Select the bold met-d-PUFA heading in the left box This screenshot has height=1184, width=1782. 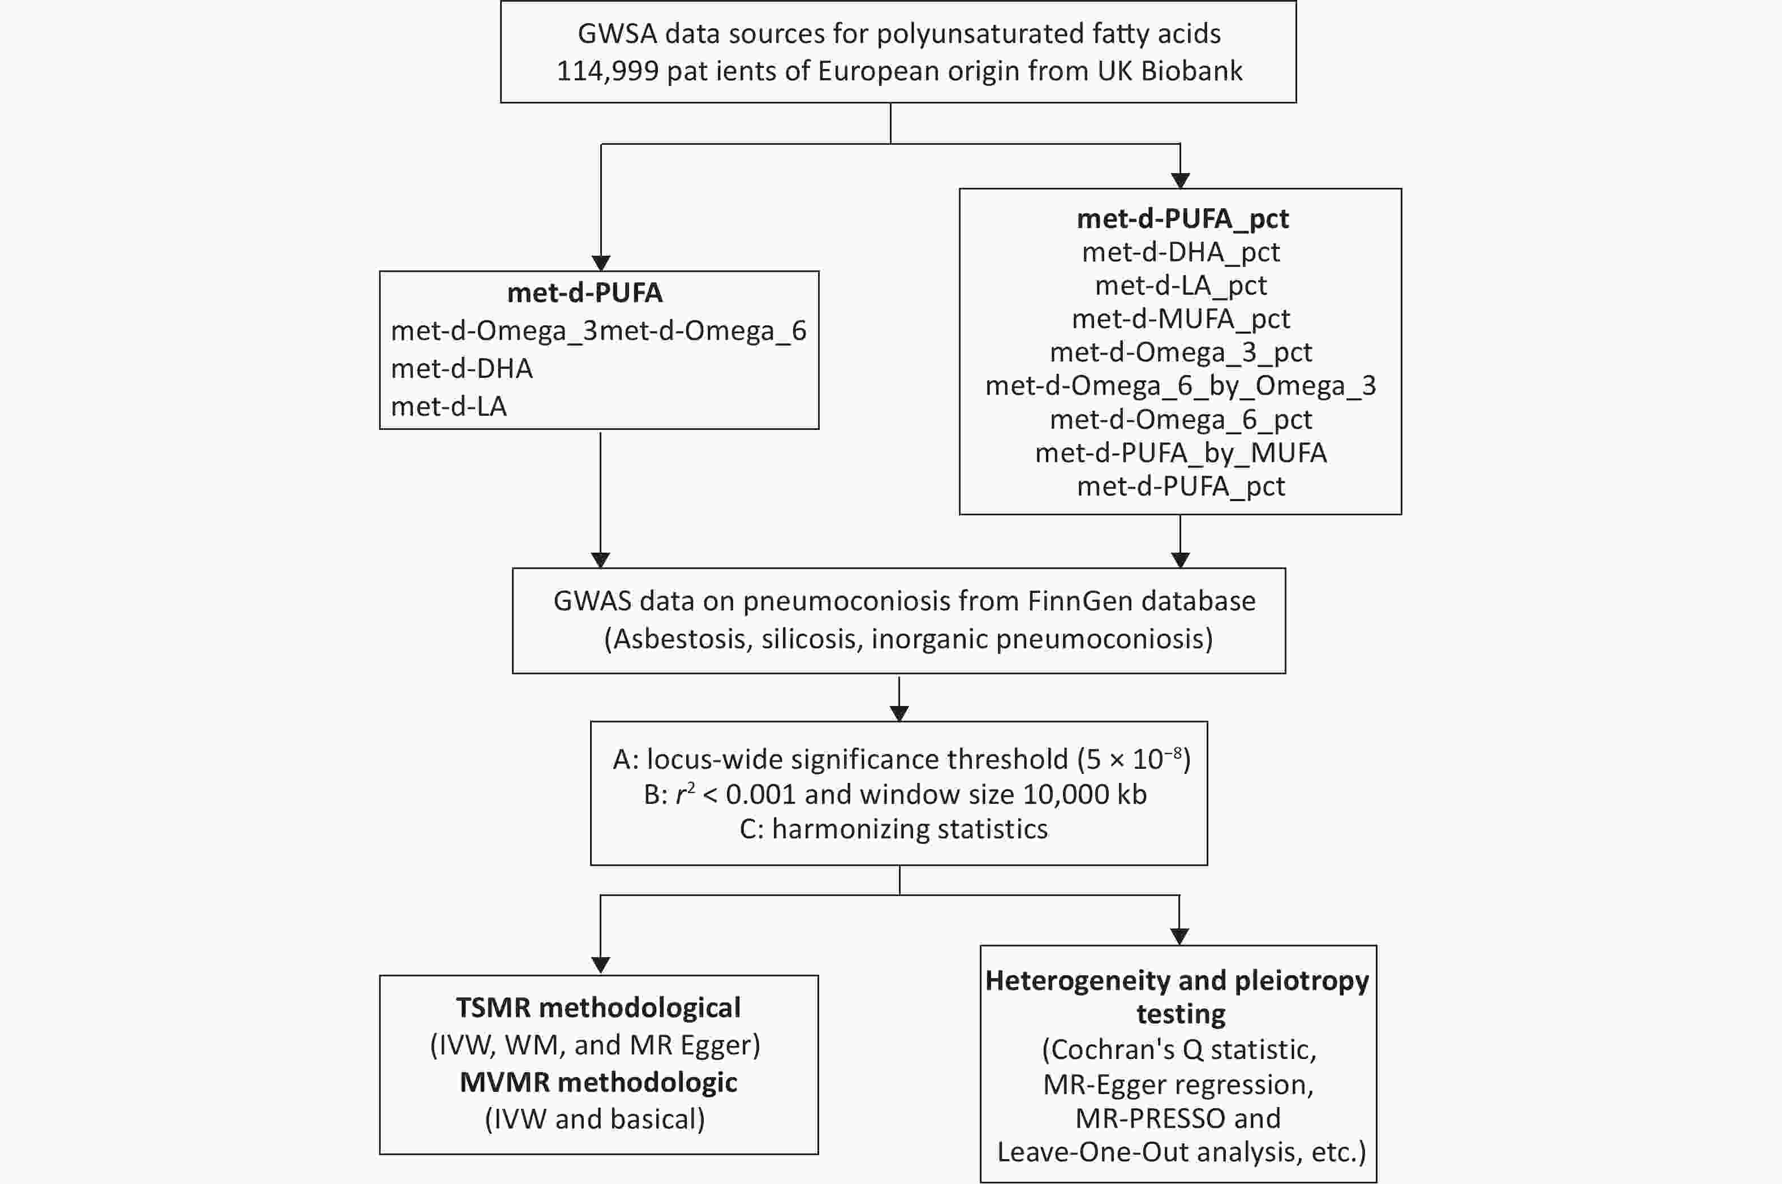point(585,293)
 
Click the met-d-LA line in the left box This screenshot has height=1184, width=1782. point(449,407)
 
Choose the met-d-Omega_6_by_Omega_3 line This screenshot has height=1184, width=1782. point(1181,386)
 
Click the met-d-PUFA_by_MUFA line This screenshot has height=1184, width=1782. point(1181,453)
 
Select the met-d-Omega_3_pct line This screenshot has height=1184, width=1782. point(1181,352)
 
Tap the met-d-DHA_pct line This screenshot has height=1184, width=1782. point(1181,252)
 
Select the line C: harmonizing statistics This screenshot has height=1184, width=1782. point(894,829)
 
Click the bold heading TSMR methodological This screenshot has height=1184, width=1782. point(599,1008)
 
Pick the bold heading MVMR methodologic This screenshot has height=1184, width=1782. point(599,1083)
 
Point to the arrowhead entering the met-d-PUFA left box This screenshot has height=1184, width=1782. point(600,263)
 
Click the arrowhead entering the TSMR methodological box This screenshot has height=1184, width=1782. point(600,966)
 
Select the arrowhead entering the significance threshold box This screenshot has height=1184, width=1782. point(898,713)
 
